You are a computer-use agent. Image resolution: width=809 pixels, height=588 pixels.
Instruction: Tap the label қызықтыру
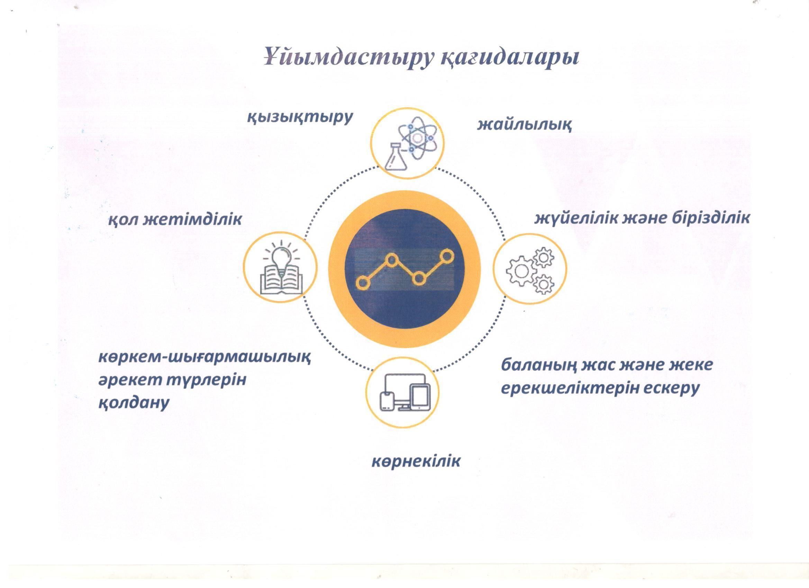pyautogui.click(x=300, y=117)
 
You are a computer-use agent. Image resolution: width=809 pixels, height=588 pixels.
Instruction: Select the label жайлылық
pyautogui.click(x=525, y=125)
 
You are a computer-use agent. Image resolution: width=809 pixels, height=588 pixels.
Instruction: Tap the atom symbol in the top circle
pyautogui.click(x=417, y=138)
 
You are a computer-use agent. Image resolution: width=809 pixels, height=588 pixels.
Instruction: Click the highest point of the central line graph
pyautogui.click(x=446, y=256)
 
